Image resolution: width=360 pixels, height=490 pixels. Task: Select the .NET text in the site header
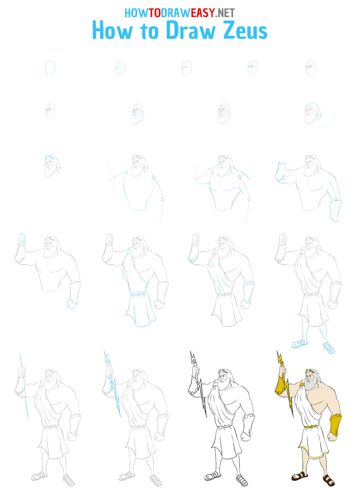tap(225, 13)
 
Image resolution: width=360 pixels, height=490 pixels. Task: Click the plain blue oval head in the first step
tap(50, 68)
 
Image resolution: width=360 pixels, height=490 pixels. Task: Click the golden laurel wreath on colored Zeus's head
tap(309, 371)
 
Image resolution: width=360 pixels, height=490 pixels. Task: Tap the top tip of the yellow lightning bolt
tap(278, 353)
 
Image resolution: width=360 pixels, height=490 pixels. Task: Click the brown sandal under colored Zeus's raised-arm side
tap(299, 476)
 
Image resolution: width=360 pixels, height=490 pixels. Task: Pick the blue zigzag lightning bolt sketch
tap(112, 386)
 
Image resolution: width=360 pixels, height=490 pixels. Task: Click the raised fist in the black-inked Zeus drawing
tap(196, 371)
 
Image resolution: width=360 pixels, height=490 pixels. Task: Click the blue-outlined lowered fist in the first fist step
tap(71, 304)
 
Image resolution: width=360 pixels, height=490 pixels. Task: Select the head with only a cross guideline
tap(120, 68)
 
